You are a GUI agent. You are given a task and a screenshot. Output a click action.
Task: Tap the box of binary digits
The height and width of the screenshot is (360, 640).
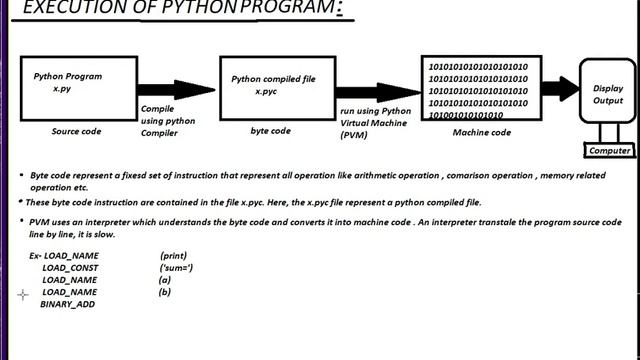click(478, 90)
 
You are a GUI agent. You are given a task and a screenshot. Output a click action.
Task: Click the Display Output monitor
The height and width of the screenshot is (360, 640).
click(607, 94)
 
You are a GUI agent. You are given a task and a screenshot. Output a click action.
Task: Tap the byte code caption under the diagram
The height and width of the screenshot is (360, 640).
click(270, 131)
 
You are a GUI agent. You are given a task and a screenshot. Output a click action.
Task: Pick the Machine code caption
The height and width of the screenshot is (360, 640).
click(482, 132)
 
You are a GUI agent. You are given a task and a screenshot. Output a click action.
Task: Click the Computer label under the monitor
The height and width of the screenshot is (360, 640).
click(608, 151)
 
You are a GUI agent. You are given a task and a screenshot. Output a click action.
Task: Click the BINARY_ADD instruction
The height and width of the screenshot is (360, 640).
click(67, 303)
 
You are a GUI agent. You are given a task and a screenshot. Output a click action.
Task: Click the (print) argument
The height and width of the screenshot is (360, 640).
click(173, 256)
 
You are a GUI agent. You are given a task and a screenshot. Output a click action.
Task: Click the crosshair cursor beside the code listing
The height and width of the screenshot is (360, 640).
click(23, 295)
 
